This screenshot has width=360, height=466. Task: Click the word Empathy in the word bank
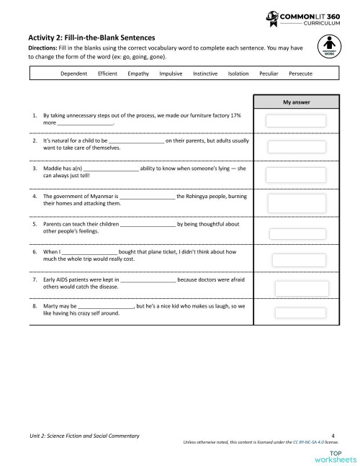[x=138, y=73]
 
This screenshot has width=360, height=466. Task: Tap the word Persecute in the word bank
[x=301, y=73]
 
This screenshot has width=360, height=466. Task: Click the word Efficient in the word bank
[x=107, y=73]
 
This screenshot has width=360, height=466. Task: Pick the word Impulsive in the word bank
[x=171, y=73]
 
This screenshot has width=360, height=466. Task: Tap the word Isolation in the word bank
[x=238, y=73]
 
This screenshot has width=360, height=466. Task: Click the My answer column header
[x=296, y=102]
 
